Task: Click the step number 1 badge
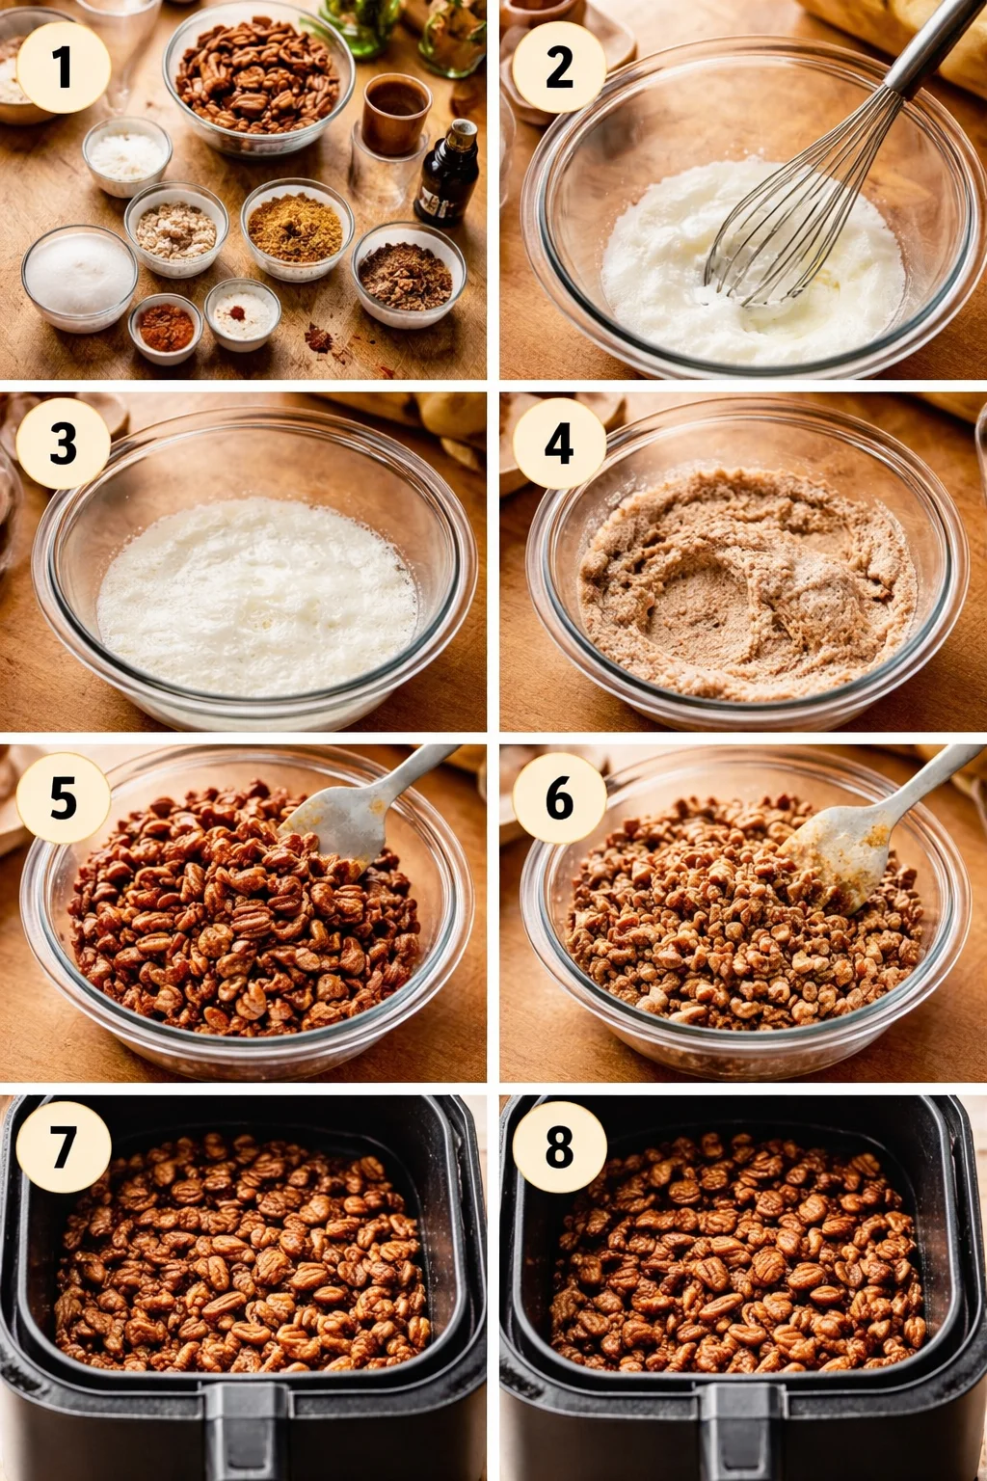(x=63, y=67)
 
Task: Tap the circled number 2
(x=559, y=67)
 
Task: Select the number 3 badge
(x=63, y=444)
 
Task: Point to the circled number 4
(x=559, y=444)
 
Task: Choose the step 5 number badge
(x=63, y=798)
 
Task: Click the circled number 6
(x=559, y=798)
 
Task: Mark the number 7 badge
(x=63, y=1147)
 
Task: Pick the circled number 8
(x=559, y=1147)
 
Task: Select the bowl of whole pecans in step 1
(x=258, y=77)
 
